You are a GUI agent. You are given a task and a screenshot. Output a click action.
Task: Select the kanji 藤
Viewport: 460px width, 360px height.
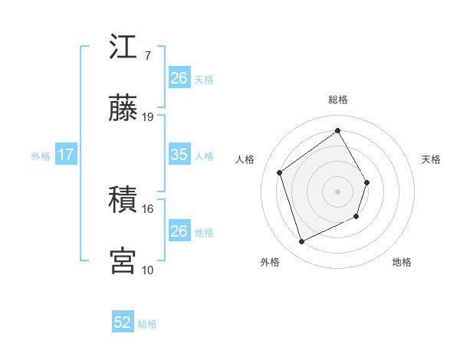[123, 110]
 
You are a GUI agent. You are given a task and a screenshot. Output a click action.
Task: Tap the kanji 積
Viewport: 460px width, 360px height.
[123, 201]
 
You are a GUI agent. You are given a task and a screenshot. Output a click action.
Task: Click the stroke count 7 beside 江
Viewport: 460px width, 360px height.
[148, 56]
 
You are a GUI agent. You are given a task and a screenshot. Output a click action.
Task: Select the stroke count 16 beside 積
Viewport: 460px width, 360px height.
[148, 208]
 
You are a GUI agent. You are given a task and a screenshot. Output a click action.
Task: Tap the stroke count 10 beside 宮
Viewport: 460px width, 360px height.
[148, 269]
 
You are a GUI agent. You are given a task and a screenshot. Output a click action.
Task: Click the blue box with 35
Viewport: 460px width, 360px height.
[179, 155]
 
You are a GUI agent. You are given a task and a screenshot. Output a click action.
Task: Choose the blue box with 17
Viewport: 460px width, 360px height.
[66, 155]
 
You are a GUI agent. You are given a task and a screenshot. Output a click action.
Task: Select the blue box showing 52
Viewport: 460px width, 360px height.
[123, 322]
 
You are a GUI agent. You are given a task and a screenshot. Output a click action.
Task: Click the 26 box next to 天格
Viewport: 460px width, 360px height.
[179, 78]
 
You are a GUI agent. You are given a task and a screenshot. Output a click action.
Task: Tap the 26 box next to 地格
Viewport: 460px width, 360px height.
[179, 231]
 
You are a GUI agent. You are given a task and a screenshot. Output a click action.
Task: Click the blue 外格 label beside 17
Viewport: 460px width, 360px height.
[41, 155]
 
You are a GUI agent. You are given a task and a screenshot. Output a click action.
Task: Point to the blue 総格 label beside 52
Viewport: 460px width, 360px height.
[147, 324]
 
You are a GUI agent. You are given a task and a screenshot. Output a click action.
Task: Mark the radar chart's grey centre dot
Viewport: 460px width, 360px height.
[337, 191]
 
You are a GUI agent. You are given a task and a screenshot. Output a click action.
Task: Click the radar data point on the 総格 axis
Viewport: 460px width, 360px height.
[337, 130]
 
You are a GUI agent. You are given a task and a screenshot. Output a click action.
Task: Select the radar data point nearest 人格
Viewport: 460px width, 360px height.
[280, 172]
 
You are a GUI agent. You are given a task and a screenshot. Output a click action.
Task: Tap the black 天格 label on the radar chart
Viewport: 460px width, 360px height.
[432, 159]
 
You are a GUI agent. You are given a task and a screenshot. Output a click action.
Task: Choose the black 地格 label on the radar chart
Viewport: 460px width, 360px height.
[402, 262]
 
